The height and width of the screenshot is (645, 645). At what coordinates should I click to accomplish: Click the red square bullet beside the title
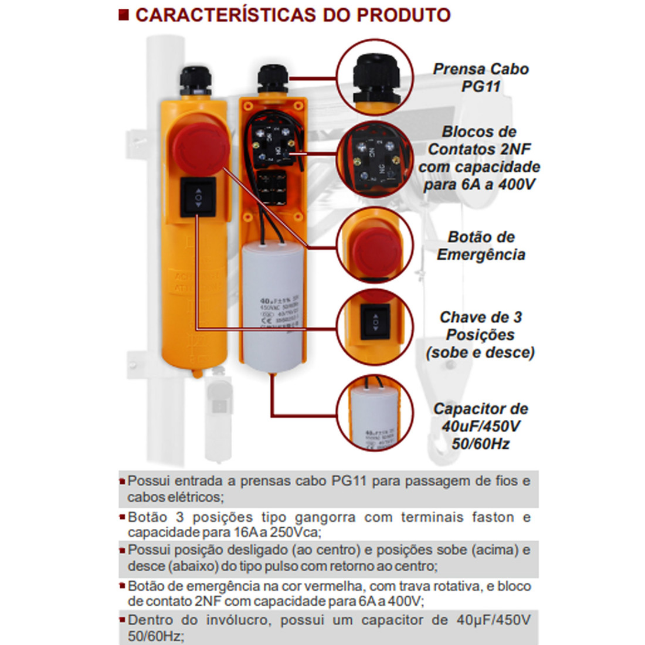(x=123, y=15)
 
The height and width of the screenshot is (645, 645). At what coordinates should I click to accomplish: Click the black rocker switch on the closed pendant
(x=198, y=198)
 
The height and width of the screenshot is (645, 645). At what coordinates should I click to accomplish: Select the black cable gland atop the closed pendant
(x=193, y=78)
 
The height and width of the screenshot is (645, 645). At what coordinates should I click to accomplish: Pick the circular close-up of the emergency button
(x=376, y=246)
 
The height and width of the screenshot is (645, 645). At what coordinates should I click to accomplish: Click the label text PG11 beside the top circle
(x=480, y=86)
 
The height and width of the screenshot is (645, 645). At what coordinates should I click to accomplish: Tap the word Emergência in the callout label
(x=481, y=254)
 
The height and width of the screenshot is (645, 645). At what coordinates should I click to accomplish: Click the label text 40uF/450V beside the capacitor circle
(x=481, y=426)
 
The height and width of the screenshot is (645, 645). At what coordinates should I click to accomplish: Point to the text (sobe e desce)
(x=481, y=352)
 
